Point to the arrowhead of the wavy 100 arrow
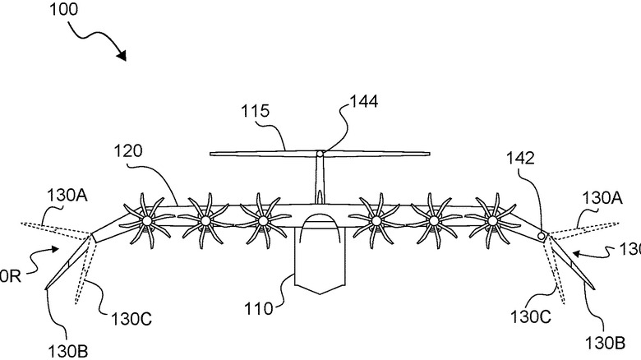click(x=124, y=58)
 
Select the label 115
click(x=255, y=110)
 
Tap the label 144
click(x=363, y=102)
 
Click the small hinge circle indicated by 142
click(x=542, y=236)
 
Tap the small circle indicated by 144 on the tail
click(x=320, y=152)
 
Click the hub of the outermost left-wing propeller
click(x=145, y=221)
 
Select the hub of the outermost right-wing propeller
click(x=492, y=220)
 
